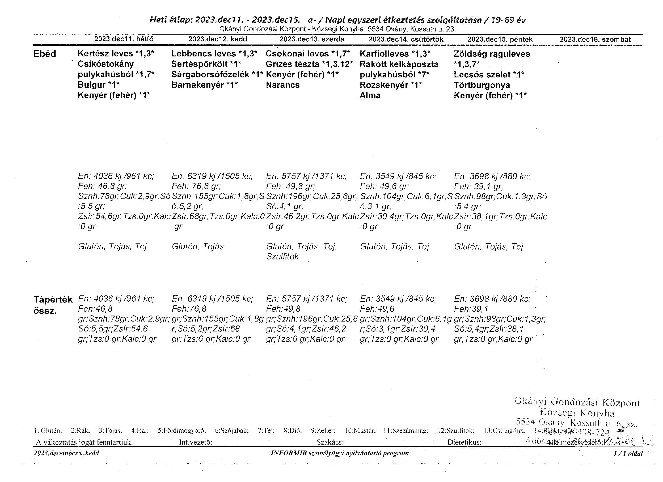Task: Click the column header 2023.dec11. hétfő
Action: tap(124, 39)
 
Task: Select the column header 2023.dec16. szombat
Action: tap(595, 39)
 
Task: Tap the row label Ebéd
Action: tap(45, 54)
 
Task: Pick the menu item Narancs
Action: tap(283, 85)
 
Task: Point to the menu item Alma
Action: tap(370, 96)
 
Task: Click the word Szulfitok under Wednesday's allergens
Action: tap(282, 257)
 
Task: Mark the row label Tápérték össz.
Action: tap(53, 305)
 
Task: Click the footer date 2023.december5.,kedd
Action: tap(66, 453)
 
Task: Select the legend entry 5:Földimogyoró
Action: tap(182, 431)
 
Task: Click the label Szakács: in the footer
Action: tap(330, 442)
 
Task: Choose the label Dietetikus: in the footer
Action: tap(464, 442)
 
